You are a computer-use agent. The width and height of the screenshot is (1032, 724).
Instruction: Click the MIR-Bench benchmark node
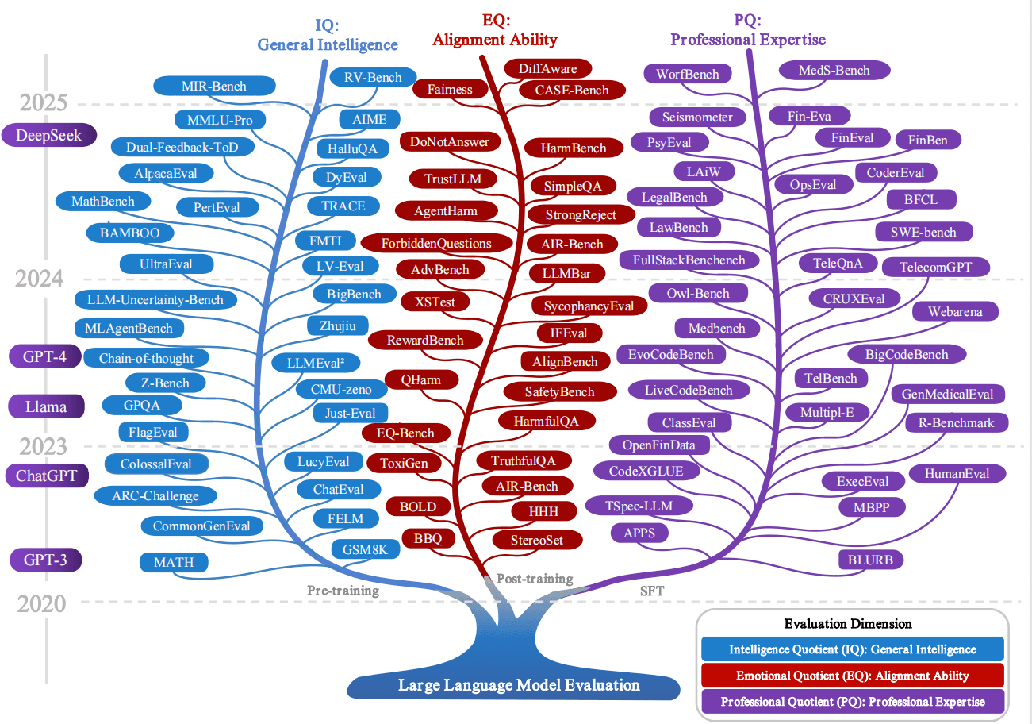214,86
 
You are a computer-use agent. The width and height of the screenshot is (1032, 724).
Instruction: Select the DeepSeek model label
49,135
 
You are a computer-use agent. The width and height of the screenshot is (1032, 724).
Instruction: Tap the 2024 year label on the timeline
39,279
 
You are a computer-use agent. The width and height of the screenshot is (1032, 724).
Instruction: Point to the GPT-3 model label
45,560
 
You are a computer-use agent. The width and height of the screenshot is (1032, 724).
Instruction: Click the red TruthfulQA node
524,460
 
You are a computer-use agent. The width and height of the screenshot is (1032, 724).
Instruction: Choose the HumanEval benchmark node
957,474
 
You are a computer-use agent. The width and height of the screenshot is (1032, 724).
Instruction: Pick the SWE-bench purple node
923,232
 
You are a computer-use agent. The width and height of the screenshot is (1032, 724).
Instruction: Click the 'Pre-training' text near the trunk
343,591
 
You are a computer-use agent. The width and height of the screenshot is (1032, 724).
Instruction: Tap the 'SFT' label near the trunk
652,591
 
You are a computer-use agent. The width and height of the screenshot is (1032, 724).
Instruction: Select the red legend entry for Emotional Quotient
852,676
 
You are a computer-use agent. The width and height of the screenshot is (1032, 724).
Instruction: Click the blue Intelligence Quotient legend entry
852,649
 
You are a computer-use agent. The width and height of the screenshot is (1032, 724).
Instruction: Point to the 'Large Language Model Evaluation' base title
519,685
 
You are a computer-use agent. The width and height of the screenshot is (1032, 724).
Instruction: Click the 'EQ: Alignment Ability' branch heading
495,30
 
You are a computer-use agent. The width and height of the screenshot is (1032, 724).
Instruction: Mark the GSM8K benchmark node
366,549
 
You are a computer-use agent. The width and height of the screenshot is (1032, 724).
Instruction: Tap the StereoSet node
537,540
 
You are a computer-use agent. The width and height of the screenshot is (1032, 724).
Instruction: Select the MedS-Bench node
834,70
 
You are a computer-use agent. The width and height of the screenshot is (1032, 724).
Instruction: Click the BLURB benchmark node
870,560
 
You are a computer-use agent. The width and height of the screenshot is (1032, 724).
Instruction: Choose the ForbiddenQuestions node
436,243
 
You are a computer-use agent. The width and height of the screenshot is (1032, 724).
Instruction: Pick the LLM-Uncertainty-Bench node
155,300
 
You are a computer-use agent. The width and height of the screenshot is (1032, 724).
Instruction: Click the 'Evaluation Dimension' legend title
848,624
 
